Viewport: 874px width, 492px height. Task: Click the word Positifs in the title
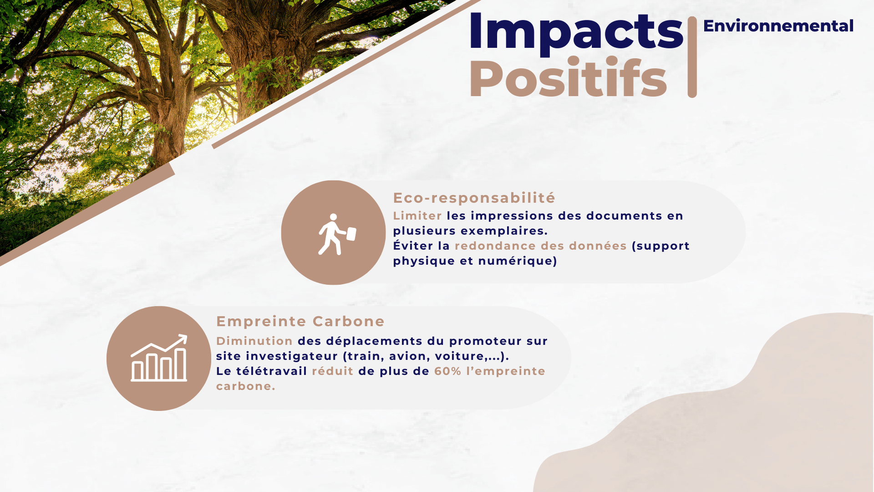click(568, 78)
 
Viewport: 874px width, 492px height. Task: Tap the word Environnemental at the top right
click(778, 26)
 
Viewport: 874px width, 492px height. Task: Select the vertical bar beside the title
click(692, 57)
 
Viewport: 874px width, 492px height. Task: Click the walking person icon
click(336, 234)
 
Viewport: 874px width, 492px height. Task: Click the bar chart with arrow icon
click(159, 358)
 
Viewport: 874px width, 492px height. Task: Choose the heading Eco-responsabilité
click(474, 198)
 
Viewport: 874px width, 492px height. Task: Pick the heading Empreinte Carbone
click(300, 321)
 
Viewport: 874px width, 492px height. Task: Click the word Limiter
click(417, 215)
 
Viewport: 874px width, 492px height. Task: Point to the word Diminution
click(254, 341)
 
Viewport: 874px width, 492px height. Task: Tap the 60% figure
click(448, 371)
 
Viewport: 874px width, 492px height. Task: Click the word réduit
click(333, 371)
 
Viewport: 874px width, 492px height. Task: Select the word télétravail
click(272, 371)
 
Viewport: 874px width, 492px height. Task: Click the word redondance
click(495, 246)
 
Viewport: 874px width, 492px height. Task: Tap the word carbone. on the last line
click(246, 386)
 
